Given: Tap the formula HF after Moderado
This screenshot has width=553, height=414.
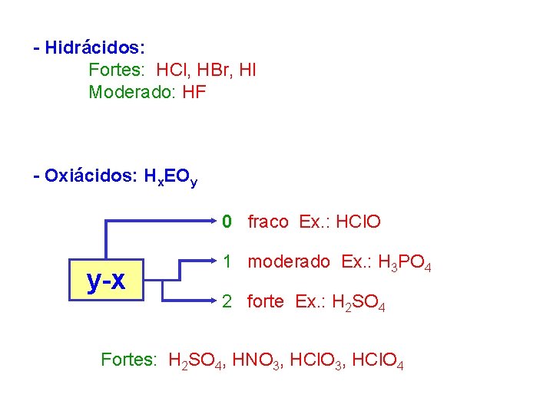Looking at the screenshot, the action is pyautogui.click(x=194, y=93).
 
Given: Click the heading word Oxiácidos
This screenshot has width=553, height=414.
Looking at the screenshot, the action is pyautogui.click(x=90, y=176).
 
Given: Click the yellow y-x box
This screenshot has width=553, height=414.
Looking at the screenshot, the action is pyautogui.click(x=106, y=281).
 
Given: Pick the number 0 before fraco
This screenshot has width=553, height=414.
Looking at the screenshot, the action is pyautogui.click(x=227, y=222).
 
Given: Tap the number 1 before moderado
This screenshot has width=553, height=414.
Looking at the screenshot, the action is pyautogui.click(x=227, y=261).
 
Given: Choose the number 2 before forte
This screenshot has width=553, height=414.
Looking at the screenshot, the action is pyautogui.click(x=227, y=301).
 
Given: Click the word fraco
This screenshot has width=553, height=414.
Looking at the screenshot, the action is pyautogui.click(x=268, y=222).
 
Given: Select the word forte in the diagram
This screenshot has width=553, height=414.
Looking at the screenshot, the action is pyautogui.click(x=266, y=301).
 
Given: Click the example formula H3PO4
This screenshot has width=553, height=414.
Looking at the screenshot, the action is pyautogui.click(x=405, y=263).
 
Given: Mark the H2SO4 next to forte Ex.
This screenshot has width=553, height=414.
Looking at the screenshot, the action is pyautogui.click(x=358, y=303).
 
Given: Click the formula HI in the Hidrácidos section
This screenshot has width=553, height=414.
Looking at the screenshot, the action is pyautogui.click(x=247, y=71).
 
